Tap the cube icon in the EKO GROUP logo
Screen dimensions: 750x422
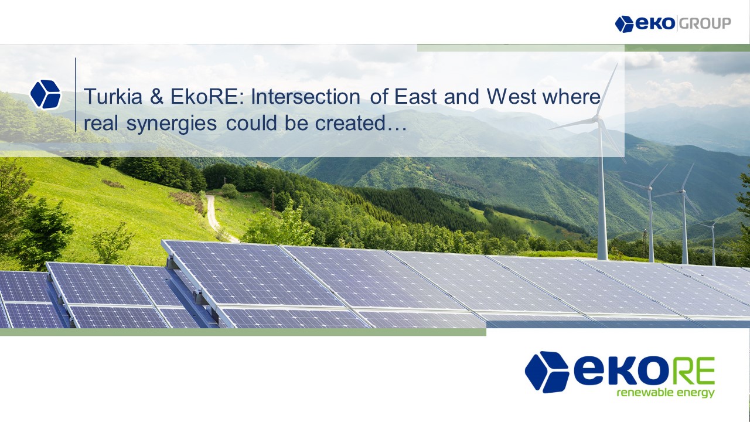[624, 24]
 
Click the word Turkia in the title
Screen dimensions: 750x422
[113, 97]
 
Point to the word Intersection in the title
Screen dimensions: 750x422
[306, 97]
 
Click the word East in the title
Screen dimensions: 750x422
[415, 97]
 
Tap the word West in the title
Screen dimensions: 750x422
[512, 97]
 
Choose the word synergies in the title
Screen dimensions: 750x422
[172, 124]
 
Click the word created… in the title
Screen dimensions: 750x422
[360, 123]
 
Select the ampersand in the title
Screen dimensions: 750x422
[156, 97]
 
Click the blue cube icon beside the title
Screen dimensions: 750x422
[45, 94]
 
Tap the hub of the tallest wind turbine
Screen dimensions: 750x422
[596, 118]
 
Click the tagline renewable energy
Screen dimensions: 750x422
[666, 393]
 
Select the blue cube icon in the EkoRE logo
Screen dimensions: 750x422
[547, 372]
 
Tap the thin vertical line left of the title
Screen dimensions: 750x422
[76, 95]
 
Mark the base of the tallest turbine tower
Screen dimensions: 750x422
[603, 258]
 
